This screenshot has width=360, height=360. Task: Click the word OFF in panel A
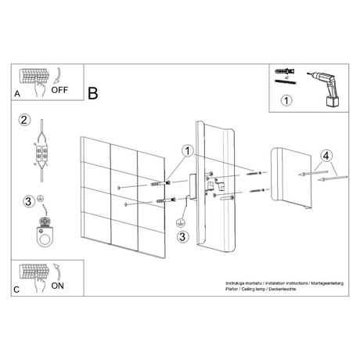click(61, 90)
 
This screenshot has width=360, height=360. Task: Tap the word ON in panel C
click(59, 286)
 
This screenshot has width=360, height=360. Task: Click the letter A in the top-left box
click(18, 93)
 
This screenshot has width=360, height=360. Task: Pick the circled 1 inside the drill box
click(287, 100)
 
